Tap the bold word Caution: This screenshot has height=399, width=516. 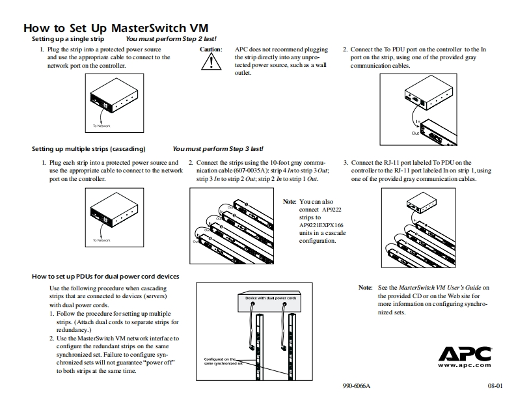point(211,49)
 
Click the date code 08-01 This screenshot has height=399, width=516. point(496,386)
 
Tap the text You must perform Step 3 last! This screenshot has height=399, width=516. point(218,149)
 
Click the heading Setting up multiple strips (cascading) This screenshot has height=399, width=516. point(88,149)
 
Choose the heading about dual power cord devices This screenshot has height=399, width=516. point(105,277)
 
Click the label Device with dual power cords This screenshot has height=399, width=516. point(271,298)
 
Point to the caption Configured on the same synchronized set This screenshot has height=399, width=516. point(223,361)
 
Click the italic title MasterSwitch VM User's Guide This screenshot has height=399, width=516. point(439,287)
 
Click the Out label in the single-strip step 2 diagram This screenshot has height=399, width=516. point(415,133)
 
